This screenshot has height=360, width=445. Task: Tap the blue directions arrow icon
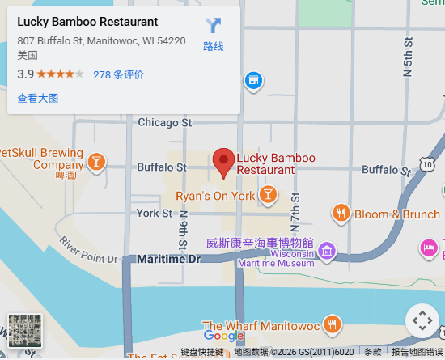(x=214, y=26)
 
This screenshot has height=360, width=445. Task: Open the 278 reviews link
(x=118, y=74)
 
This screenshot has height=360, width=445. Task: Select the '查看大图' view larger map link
(x=38, y=98)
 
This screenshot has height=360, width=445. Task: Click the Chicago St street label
(x=164, y=123)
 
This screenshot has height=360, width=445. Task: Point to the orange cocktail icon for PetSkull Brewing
(x=96, y=162)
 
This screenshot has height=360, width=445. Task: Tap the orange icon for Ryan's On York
(x=267, y=195)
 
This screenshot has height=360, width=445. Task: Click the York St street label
(x=155, y=214)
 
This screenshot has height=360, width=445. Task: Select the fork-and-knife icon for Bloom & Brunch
(x=341, y=214)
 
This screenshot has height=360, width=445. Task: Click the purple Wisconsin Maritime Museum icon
(x=327, y=250)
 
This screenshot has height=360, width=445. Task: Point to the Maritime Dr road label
(x=168, y=259)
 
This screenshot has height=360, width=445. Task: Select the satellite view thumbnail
(x=24, y=330)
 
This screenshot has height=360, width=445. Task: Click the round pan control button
(x=422, y=320)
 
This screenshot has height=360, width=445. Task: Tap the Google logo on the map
(x=223, y=336)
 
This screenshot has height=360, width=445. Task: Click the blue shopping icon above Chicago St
(x=253, y=80)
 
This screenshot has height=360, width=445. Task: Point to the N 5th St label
(x=409, y=61)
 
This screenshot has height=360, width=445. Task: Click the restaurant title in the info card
(x=87, y=22)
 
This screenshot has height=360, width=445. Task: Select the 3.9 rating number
(x=25, y=74)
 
